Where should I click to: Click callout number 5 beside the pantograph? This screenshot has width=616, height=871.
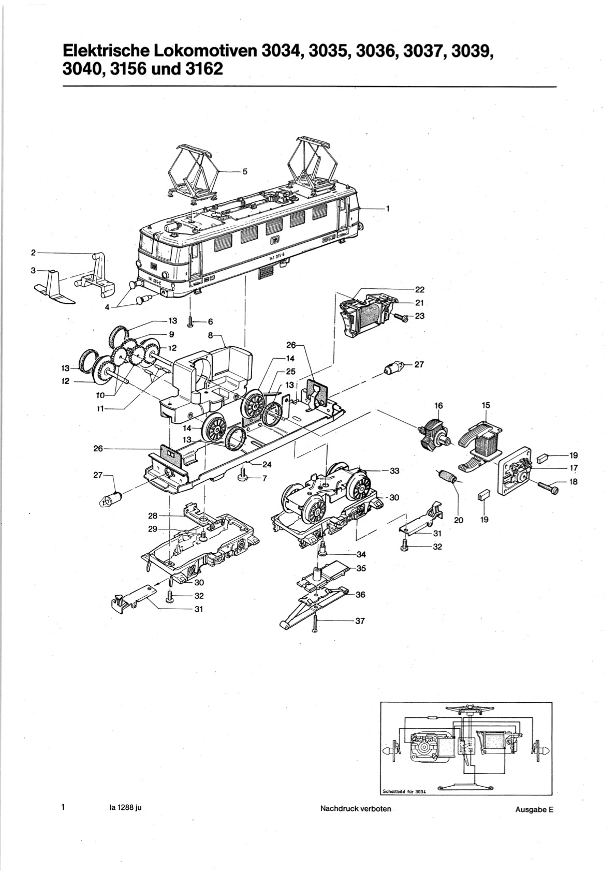[244, 172]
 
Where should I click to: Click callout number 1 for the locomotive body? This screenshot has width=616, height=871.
[387, 209]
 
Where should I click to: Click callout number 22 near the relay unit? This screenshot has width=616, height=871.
[420, 290]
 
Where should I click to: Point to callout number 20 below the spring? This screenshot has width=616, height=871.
[458, 521]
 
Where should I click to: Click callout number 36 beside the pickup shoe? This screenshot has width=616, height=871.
[360, 595]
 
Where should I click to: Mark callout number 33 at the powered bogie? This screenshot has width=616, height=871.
[395, 471]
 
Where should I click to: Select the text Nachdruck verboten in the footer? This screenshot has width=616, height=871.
[356, 808]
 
